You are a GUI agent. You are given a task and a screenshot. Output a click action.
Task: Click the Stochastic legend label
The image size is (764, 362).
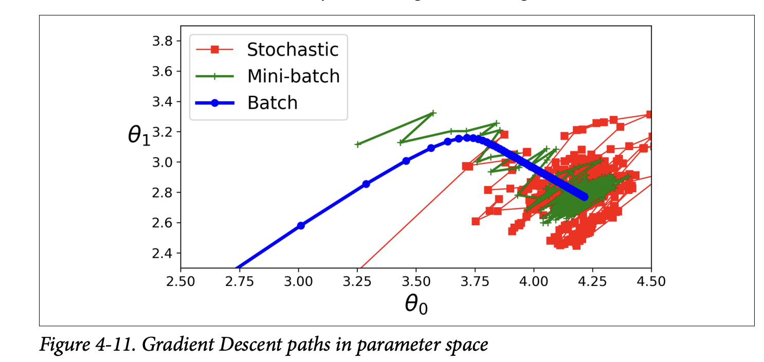[293, 49]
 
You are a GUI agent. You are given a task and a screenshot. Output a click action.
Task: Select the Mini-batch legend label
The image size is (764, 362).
[294, 76]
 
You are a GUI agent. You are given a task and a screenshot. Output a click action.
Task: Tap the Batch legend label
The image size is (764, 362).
[272, 103]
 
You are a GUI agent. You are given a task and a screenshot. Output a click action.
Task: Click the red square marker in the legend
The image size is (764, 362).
[215, 49]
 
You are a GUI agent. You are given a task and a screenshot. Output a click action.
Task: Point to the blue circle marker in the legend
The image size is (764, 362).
[215, 103]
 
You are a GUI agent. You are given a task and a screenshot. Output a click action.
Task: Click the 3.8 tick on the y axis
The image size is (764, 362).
[164, 41]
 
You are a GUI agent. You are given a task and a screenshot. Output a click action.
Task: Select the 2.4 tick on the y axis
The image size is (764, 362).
[164, 253]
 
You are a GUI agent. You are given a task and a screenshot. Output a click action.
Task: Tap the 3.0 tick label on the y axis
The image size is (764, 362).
[164, 162]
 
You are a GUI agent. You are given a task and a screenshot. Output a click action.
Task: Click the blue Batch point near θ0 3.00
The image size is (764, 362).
[301, 225]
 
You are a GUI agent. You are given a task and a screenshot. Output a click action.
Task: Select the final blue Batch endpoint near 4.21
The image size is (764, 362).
[584, 197]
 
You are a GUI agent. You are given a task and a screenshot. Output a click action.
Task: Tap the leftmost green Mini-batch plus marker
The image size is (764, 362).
[358, 144]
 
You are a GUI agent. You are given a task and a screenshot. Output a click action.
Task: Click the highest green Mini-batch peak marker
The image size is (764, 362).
[433, 113]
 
